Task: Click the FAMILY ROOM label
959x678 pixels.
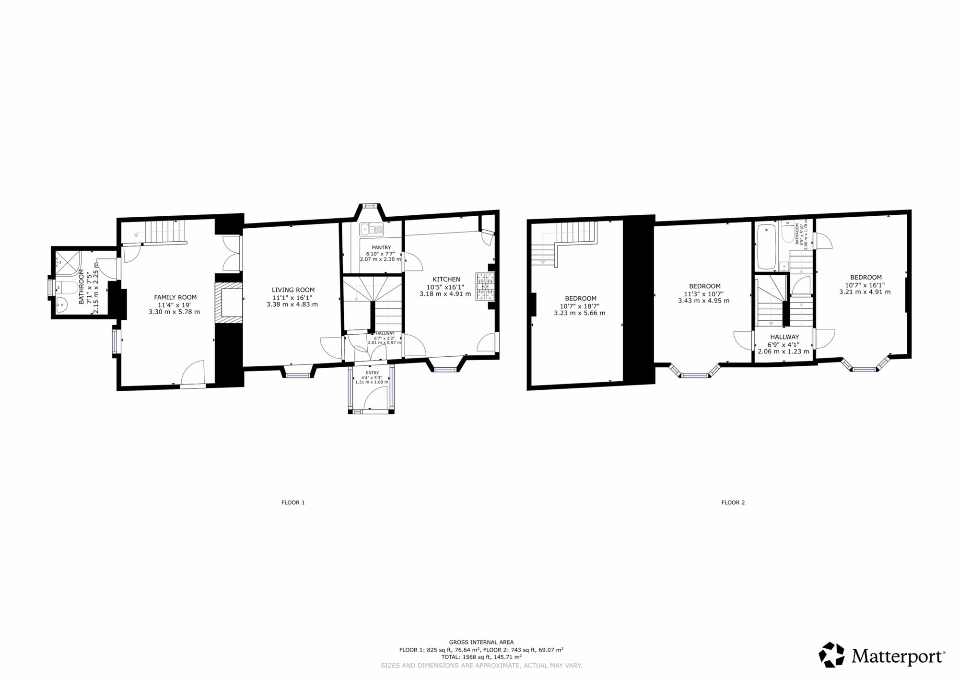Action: [175, 297]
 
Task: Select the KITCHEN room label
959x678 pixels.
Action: [446, 279]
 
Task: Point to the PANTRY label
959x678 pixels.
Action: [381, 247]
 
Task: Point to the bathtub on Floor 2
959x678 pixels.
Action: [766, 247]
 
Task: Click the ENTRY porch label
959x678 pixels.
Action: [372, 373]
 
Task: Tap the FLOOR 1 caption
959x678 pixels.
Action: [293, 503]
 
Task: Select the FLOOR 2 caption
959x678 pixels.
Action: [733, 503]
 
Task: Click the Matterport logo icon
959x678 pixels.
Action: [831, 655]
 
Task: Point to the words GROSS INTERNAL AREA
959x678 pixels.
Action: [481, 642]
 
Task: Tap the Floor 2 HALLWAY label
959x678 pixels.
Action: [784, 337]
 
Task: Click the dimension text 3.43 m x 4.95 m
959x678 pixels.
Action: [704, 301]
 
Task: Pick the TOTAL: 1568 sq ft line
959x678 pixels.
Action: [481, 657]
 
